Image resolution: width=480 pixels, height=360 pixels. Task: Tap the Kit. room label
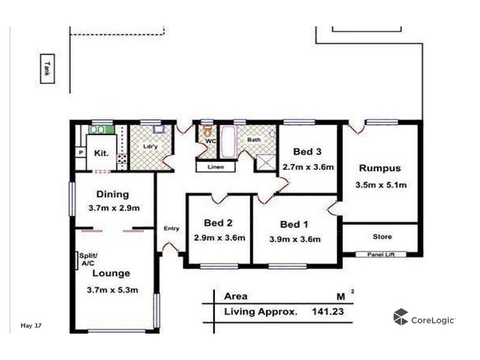coord(101,153)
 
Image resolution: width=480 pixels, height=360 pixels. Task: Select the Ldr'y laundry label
coord(150,146)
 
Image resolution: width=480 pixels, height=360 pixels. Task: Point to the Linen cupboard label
coord(215,167)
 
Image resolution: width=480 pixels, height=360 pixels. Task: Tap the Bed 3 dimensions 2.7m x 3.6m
coord(308,167)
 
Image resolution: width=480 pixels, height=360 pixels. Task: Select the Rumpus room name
coord(379,168)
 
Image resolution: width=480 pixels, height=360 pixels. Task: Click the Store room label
coord(382,236)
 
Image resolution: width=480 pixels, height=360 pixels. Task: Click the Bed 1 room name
coord(294,224)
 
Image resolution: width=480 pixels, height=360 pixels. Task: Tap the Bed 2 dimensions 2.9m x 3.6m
coord(220,238)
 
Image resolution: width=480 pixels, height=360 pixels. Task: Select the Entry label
coord(172,228)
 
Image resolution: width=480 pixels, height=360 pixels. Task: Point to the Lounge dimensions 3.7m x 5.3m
coord(112,290)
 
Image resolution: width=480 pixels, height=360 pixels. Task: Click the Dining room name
coord(112,194)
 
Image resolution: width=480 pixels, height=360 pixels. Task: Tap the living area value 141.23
coord(329,311)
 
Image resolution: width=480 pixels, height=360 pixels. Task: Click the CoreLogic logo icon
coord(401,317)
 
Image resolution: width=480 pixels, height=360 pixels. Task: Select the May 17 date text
coord(31,326)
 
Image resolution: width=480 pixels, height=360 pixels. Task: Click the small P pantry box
coord(79,153)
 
